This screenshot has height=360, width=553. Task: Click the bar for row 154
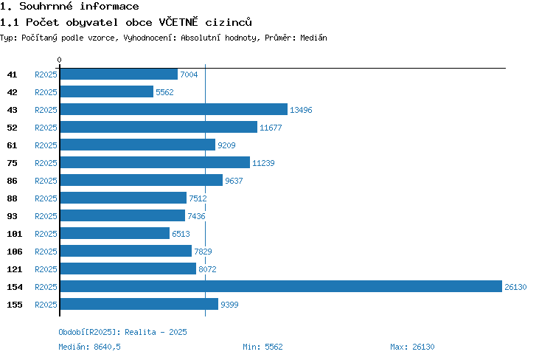[x=281, y=286]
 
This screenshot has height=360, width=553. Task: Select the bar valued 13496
[x=174, y=109]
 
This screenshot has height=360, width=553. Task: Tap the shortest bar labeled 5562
[x=107, y=91]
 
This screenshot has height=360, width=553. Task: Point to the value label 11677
[x=271, y=128]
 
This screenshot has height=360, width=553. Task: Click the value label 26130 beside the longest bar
[x=515, y=287]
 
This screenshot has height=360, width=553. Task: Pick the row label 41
[x=12, y=75]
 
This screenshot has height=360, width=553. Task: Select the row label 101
[x=15, y=234]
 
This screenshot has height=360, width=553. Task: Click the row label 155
[x=15, y=305]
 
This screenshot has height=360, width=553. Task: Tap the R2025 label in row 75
[x=46, y=163]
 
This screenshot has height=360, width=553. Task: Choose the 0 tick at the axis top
[x=59, y=60]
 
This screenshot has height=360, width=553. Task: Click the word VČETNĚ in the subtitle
[x=178, y=22]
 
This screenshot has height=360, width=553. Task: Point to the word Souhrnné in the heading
[x=46, y=6]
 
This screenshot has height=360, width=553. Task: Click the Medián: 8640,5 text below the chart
[x=89, y=347]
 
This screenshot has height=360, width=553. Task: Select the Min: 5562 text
[x=262, y=347]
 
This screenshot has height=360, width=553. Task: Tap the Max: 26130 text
[x=412, y=347]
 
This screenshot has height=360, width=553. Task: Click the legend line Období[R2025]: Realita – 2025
[x=122, y=332]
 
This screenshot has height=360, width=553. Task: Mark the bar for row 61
[x=138, y=145]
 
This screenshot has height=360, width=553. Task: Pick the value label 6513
[x=181, y=234]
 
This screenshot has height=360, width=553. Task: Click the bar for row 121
[x=128, y=269]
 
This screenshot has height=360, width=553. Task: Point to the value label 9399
[x=229, y=305]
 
